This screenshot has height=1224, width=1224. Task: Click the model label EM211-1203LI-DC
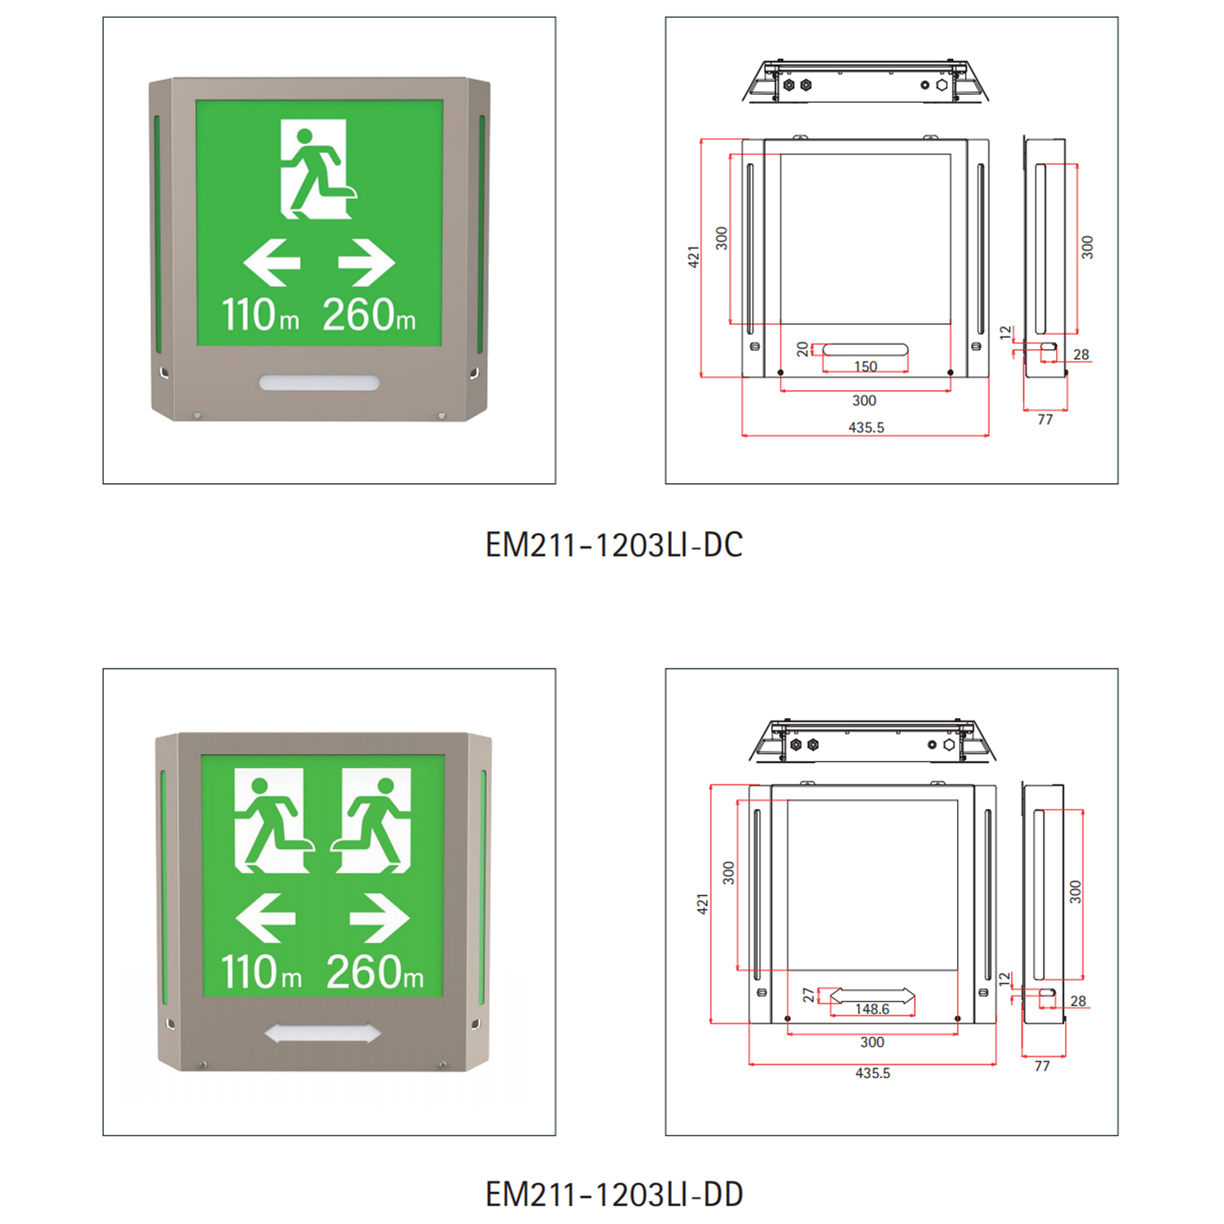pyautogui.click(x=614, y=545)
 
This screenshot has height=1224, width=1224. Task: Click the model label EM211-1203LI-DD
pyautogui.click(x=614, y=1195)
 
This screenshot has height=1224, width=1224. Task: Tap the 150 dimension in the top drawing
pyautogui.click(x=866, y=366)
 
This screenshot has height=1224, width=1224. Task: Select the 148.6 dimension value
pyautogui.click(x=871, y=1009)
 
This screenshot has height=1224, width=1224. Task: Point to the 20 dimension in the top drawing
pyautogui.click(x=803, y=349)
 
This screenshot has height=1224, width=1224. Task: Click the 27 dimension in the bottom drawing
pyautogui.click(x=808, y=995)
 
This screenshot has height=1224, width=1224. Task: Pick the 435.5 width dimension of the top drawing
pyautogui.click(x=866, y=428)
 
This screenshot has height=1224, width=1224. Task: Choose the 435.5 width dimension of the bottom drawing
pyautogui.click(x=872, y=1073)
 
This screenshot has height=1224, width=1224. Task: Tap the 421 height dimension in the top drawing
pyautogui.click(x=694, y=256)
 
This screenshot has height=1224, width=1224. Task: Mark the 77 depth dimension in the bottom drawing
pyautogui.click(x=1042, y=1066)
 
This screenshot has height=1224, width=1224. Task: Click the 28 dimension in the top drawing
pyautogui.click(x=1081, y=355)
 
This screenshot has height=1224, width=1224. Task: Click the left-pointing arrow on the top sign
pyautogui.click(x=272, y=263)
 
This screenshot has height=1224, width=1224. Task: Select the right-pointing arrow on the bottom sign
pyautogui.click(x=379, y=918)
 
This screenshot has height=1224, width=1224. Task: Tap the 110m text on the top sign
pyautogui.click(x=260, y=314)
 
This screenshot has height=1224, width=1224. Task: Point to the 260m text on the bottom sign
pyautogui.click(x=375, y=972)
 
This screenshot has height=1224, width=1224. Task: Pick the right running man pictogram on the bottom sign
pyautogui.click(x=371, y=821)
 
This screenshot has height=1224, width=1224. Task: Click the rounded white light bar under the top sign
pyautogui.click(x=319, y=383)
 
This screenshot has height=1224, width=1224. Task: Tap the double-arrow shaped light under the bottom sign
pyautogui.click(x=323, y=1034)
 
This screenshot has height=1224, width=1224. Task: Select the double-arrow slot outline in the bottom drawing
pyautogui.click(x=872, y=996)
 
